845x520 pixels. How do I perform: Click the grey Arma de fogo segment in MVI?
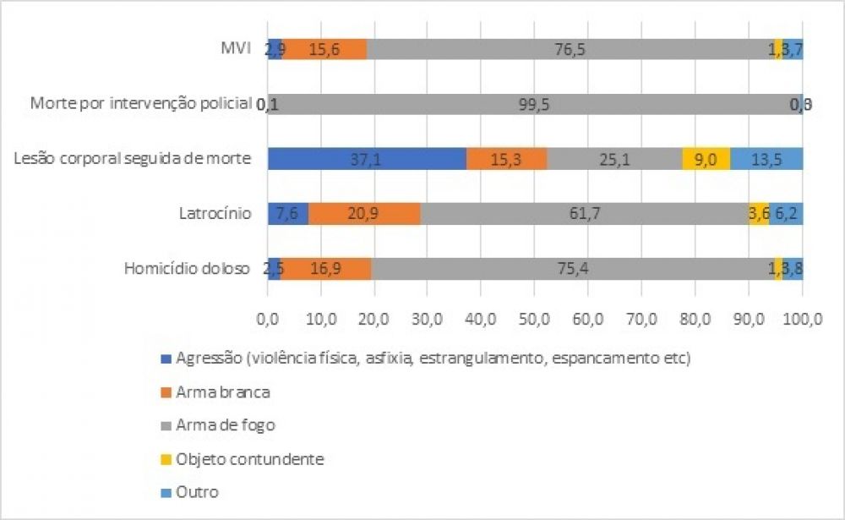click(x=570, y=50)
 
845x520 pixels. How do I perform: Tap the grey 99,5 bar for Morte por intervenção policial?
click(x=534, y=104)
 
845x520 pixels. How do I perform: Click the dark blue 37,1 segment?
click(x=367, y=159)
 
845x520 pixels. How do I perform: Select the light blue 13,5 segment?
click(x=766, y=159)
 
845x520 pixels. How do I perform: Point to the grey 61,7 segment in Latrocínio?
click(x=584, y=214)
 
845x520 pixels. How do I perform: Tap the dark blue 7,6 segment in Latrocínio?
click(x=287, y=214)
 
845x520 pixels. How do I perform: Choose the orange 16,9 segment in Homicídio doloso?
click(x=326, y=269)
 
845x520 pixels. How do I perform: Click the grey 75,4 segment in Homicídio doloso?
click(x=572, y=269)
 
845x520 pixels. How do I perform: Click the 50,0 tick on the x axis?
click(x=535, y=319)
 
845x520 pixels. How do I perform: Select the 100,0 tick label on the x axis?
click(x=802, y=319)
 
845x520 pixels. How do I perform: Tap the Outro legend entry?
click(x=195, y=492)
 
